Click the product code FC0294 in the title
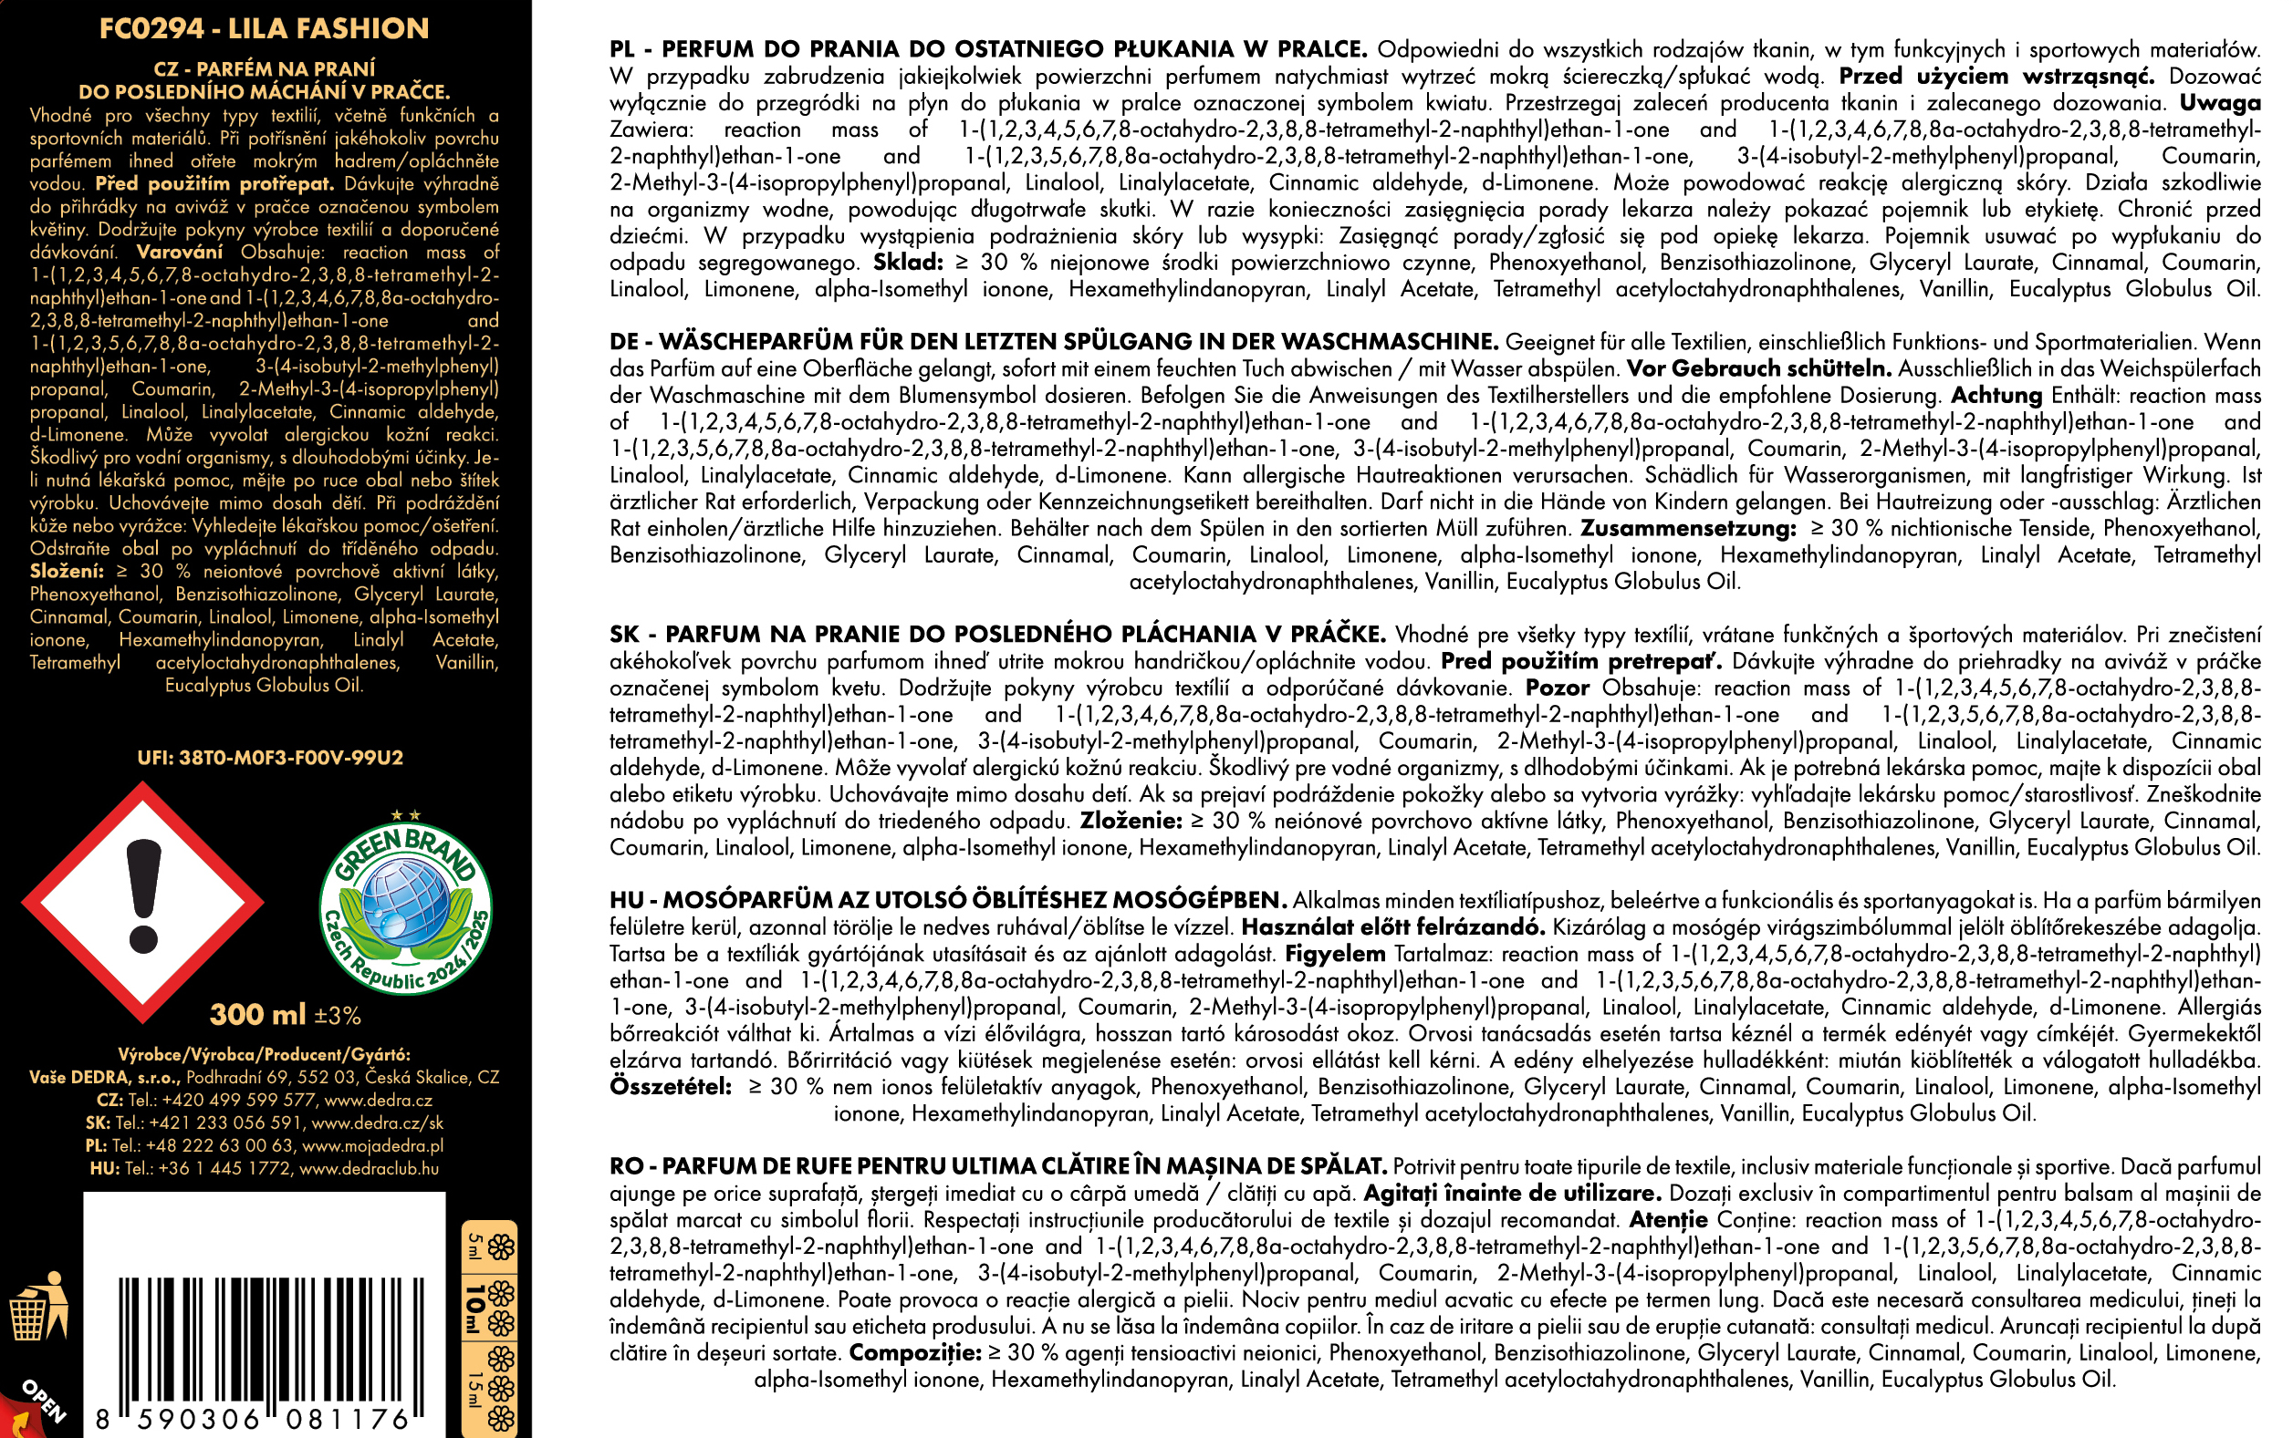click(x=151, y=28)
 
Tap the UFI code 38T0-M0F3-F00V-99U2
click(x=270, y=758)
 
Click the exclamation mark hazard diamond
click(x=142, y=902)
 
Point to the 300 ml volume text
click(x=258, y=1015)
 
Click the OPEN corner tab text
click(x=44, y=1400)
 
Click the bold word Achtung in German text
click(x=1997, y=396)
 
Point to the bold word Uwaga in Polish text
click(x=2221, y=103)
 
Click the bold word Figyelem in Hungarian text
click(x=1335, y=954)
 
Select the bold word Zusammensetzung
click(x=1689, y=529)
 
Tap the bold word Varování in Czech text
click(x=179, y=252)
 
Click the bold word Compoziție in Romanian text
click(x=914, y=1352)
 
